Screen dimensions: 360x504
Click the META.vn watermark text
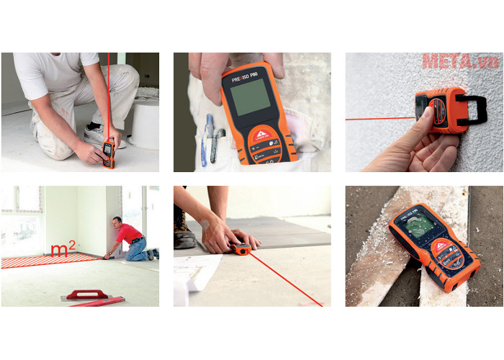pyautogui.click(x=460, y=62)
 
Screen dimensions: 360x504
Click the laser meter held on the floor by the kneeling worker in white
pyautogui.click(x=108, y=153)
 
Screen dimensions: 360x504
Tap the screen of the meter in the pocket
pyautogui.click(x=251, y=96)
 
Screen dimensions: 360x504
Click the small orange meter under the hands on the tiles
pyautogui.click(x=241, y=250)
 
